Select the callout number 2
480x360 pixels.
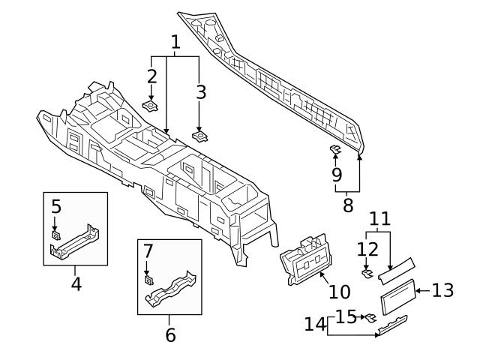(151, 76)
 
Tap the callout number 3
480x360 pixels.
(199, 92)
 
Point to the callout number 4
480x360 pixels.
(76, 284)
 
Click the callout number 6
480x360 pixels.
(170, 334)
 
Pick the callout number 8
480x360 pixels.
(347, 205)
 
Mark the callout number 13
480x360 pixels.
(443, 290)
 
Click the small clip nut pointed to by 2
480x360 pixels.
(151, 105)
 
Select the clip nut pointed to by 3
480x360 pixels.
(200, 136)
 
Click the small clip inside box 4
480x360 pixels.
(55, 235)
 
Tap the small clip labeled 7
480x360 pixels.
(148, 280)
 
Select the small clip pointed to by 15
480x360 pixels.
(370, 318)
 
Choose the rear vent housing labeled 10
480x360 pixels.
(304, 259)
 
